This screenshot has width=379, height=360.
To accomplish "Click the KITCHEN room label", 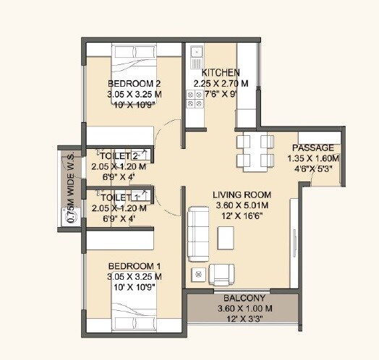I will point(221,72).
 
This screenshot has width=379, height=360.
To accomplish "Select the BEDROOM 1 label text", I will point(134,266).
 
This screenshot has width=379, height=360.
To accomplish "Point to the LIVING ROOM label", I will point(242,195).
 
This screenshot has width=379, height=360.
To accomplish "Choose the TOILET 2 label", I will point(119,156).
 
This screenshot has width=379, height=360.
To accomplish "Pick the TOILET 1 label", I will point(119,197).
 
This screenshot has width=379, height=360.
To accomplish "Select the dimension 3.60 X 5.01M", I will point(242,205).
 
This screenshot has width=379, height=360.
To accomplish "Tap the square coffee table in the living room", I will point(226,236).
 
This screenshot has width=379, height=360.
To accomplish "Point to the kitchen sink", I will point(197,53).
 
